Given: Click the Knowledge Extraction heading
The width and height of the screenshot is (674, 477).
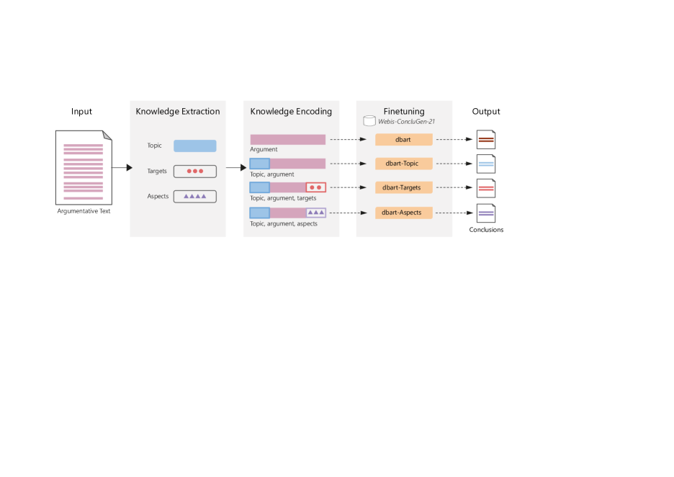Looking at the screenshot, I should [178, 112].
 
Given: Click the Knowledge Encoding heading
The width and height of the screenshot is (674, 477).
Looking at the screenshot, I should [291, 112].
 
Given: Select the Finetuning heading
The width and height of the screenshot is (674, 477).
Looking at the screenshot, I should [404, 112].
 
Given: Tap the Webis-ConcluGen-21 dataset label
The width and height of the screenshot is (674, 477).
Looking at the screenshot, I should [406, 122].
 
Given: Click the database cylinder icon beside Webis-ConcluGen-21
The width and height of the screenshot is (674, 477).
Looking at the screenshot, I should [369, 121].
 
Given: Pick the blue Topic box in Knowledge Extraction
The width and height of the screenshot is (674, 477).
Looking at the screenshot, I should [194, 146].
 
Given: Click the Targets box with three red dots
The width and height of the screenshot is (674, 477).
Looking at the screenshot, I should [194, 171].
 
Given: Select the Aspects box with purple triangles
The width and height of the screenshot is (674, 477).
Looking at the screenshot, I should [194, 196].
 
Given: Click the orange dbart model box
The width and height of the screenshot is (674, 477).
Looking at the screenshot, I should [403, 139].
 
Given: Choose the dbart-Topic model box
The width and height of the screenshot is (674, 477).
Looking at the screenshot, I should [403, 164].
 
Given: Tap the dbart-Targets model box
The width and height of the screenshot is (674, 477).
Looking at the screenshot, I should [403, 188].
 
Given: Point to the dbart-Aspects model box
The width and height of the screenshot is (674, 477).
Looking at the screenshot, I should [403, 213].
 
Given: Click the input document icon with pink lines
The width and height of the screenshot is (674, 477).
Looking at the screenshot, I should [84, 168].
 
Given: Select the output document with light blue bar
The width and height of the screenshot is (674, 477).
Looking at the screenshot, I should [486, 164].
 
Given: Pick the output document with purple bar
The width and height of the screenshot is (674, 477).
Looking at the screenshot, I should [486, 213].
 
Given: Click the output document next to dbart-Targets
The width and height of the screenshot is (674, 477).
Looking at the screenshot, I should [486, 189].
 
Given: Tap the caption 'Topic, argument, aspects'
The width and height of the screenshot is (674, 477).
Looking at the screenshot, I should [284, 224].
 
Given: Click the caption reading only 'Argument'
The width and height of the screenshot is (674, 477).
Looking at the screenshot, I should [264, 150].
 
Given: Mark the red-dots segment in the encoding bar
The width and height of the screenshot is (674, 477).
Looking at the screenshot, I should [315, 187].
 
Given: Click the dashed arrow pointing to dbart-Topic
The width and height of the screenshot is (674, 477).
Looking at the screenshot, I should [349, 164].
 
